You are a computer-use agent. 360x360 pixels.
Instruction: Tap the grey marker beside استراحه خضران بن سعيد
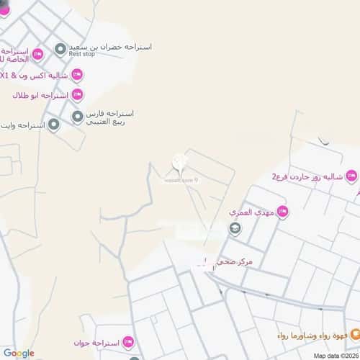click(60, 50)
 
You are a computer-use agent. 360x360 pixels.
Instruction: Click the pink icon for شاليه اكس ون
click(77, 74)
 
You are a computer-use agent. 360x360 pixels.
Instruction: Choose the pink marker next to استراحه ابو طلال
click(76, 94)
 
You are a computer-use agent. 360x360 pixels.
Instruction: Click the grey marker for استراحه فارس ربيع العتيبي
click(77, 117)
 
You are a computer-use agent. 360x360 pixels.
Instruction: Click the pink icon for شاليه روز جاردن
click(351, 175)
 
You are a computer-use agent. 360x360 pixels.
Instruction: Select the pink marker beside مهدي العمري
click(282, 212)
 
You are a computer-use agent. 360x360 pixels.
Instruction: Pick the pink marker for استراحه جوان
click(128, 341)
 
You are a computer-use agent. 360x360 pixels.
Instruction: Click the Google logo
click(19, 353)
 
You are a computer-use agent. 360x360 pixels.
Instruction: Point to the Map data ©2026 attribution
click(334, 355)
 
